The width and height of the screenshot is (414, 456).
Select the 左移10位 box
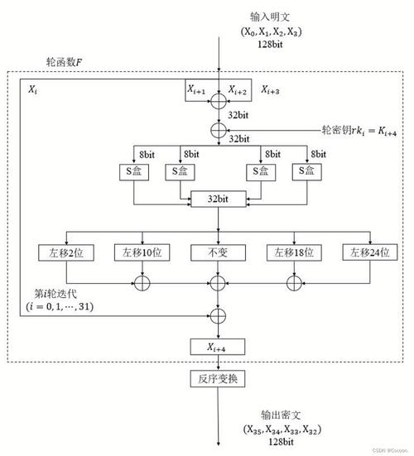tap(142, 251)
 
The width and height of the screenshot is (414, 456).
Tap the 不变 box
tap(218, 251)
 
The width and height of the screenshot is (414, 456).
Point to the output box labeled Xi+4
tap(218, 347)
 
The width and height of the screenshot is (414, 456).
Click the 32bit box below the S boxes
tap(218, 199)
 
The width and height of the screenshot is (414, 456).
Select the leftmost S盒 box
tap(135, 171)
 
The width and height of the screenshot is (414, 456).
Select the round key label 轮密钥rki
tap(357, 130)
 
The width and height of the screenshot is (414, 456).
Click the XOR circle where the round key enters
tap(218, 131)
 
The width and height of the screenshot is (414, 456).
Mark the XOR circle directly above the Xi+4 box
tap(218, 315)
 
